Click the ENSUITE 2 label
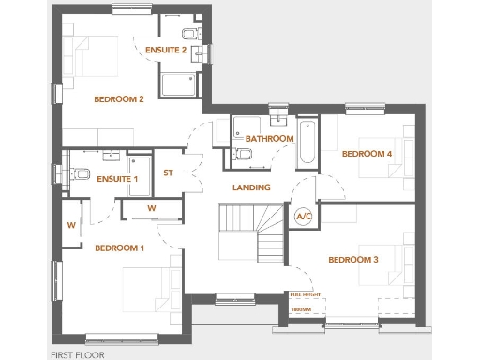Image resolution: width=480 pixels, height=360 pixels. pos(166,50)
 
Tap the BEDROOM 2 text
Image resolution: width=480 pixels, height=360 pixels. pos(119,99)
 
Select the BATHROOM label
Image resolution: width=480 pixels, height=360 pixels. pos(270,138)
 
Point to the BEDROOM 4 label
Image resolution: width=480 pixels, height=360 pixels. pos(367,154)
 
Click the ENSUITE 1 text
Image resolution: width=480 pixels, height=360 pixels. pos(117,178)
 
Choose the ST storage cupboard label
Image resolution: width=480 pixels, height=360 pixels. pos(169,172)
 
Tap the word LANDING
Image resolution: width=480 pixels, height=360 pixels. pos(251,187)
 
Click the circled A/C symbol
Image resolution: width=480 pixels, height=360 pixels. pos(304,217)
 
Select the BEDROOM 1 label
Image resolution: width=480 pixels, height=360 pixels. pos(119,248)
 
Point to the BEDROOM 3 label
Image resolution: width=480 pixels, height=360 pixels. pos(353,259)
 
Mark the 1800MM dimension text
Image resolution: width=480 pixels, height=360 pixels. pos(300,308)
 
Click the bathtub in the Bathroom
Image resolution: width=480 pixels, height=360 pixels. pos(307,143)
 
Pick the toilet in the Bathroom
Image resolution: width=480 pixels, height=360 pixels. pos(243,154)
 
